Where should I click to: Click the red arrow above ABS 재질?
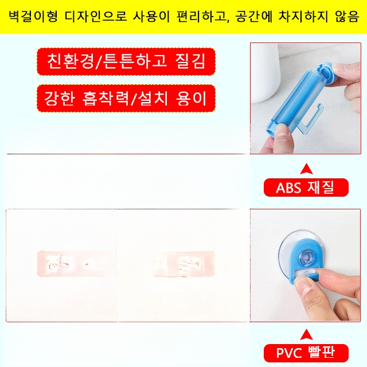click(x=306, y=169)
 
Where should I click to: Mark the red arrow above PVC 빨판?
click(x=306, y=333)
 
